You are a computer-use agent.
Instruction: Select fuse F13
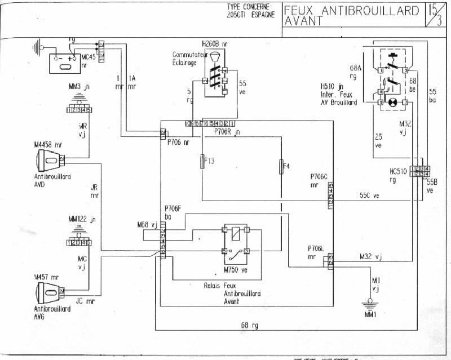point(202,161)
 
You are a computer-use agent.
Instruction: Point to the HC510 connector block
point(419,171)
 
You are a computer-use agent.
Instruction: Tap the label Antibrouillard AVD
point(51,180)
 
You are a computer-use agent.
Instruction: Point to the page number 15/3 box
point(434,15)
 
